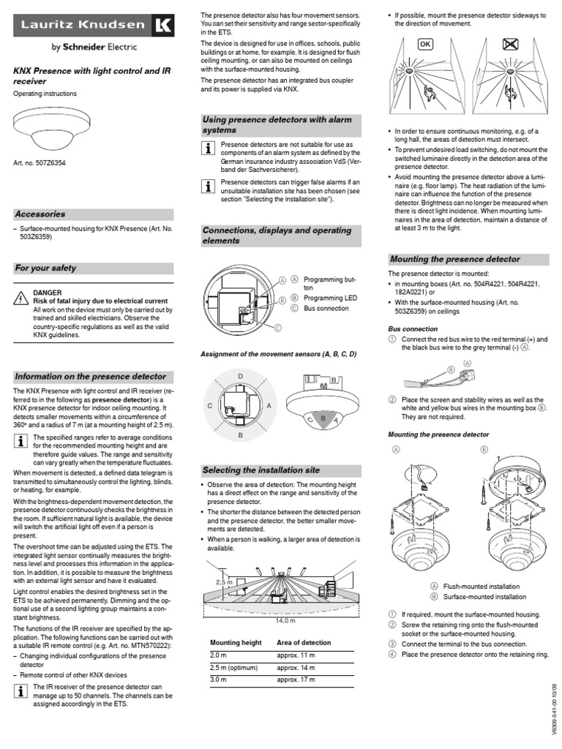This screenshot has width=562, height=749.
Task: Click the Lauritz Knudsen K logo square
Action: point(163,26)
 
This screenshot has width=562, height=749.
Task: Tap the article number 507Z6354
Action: point(50,163)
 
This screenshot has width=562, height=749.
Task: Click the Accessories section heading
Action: point(40,214)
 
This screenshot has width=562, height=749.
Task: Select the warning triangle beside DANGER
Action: point(20,298)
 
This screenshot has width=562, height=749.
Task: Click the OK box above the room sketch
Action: point(424,45)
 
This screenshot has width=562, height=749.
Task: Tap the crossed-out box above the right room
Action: point(510,45)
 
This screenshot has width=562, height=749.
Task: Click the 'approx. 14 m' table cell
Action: point(296,668)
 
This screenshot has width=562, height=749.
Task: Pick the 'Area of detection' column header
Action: point(304,642)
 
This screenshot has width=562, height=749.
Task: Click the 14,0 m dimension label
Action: point(285,620)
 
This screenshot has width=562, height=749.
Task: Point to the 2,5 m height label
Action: point(224,582)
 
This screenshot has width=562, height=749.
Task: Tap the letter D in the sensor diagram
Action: point(240,377)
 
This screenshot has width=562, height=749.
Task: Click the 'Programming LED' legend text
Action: point(330,298)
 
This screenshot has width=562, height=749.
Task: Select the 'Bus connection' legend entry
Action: point(326,309)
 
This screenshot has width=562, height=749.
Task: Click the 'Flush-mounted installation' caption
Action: point(482,586)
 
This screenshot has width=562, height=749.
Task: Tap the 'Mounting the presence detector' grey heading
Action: point(454,260)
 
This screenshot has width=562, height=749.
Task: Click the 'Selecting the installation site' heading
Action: point(261,470)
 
